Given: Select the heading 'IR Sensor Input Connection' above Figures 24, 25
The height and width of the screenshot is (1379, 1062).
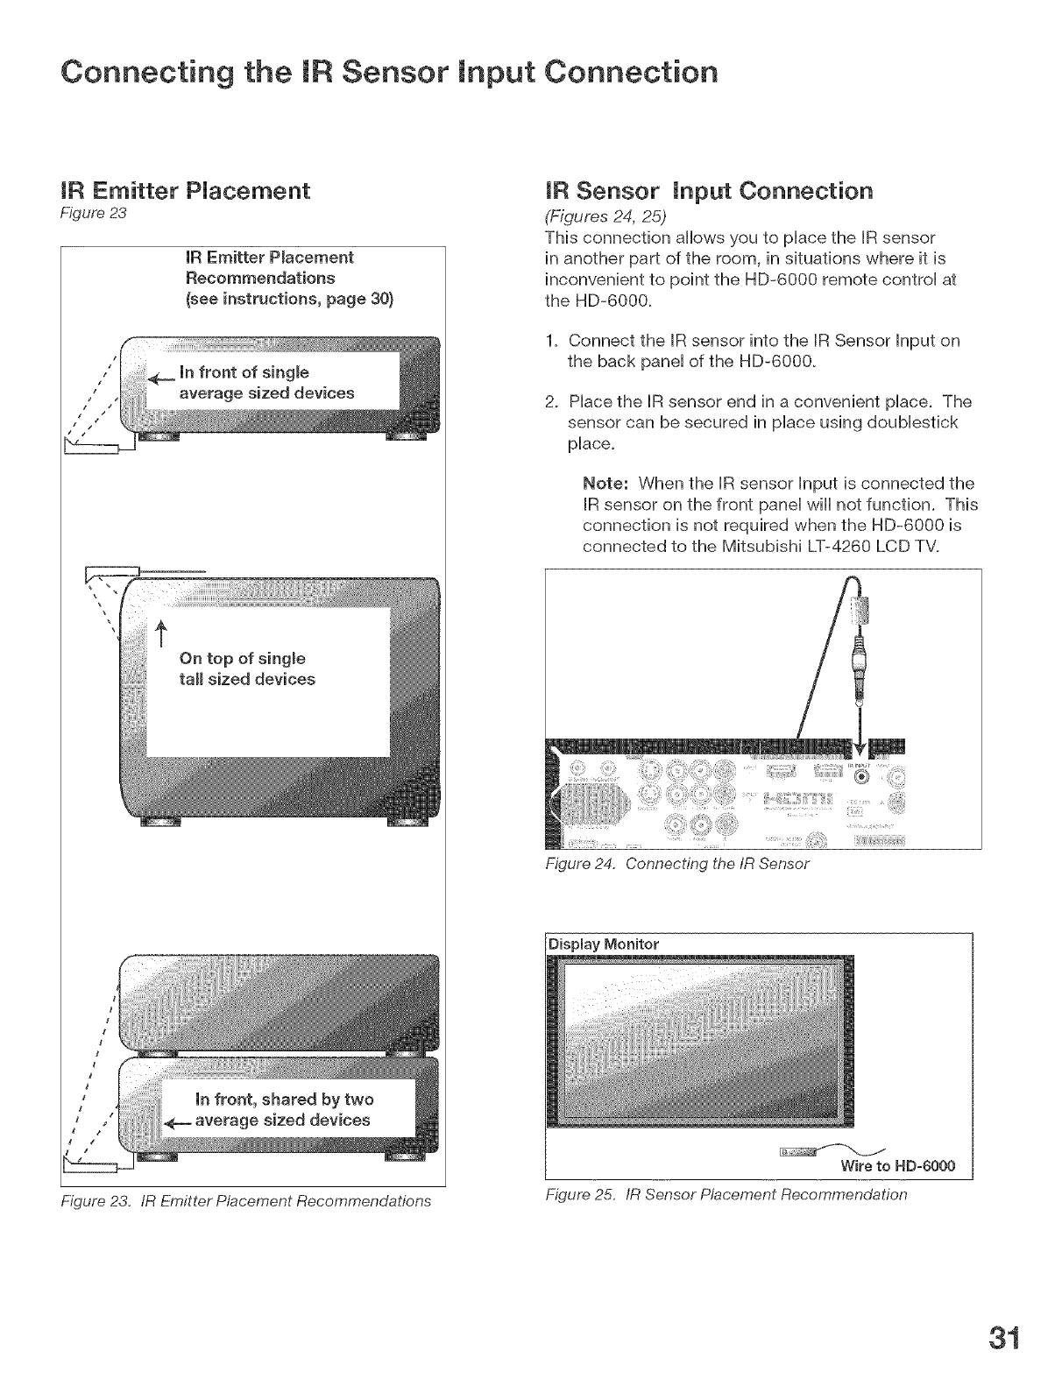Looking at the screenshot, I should click(x=709, y=190).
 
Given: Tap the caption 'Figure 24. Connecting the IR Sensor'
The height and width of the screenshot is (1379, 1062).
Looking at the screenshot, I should click(x=677, y=864).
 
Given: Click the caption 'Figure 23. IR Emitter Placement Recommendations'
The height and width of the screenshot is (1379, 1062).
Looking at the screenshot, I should click(x=247, y=1200).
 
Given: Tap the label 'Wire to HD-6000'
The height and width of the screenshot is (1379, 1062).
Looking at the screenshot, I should click(x=897, y=1166).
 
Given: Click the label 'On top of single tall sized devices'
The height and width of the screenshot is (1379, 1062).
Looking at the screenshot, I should click(x=246, y=668).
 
